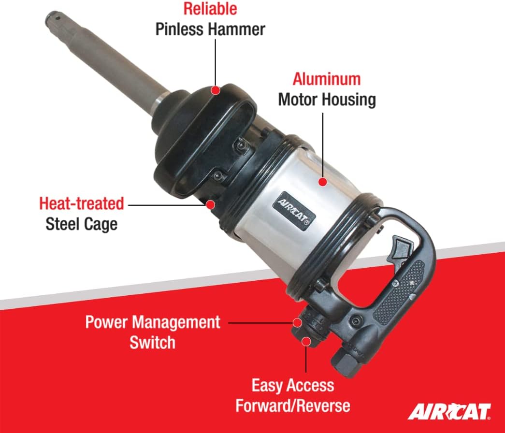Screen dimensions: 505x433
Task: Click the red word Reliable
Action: pos(210,9)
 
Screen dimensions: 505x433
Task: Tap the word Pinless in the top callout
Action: pos(180,29)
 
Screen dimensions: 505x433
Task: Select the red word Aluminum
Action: pos(327,79)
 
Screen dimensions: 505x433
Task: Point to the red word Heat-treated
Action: pos(82,203)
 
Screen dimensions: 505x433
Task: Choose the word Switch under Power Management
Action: pos(152,342)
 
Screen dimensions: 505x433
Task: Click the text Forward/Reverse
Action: pos(293,405)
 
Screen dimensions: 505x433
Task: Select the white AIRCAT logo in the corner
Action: pos(449,412)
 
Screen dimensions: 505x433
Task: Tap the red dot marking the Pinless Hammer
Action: pos(216,90)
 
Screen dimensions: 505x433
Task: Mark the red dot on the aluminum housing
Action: pos(323,182)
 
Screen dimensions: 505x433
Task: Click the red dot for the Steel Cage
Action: pos(211,204)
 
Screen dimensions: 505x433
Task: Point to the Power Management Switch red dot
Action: pos(297,322)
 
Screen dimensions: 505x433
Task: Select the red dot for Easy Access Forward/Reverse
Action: pos(306,341)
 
